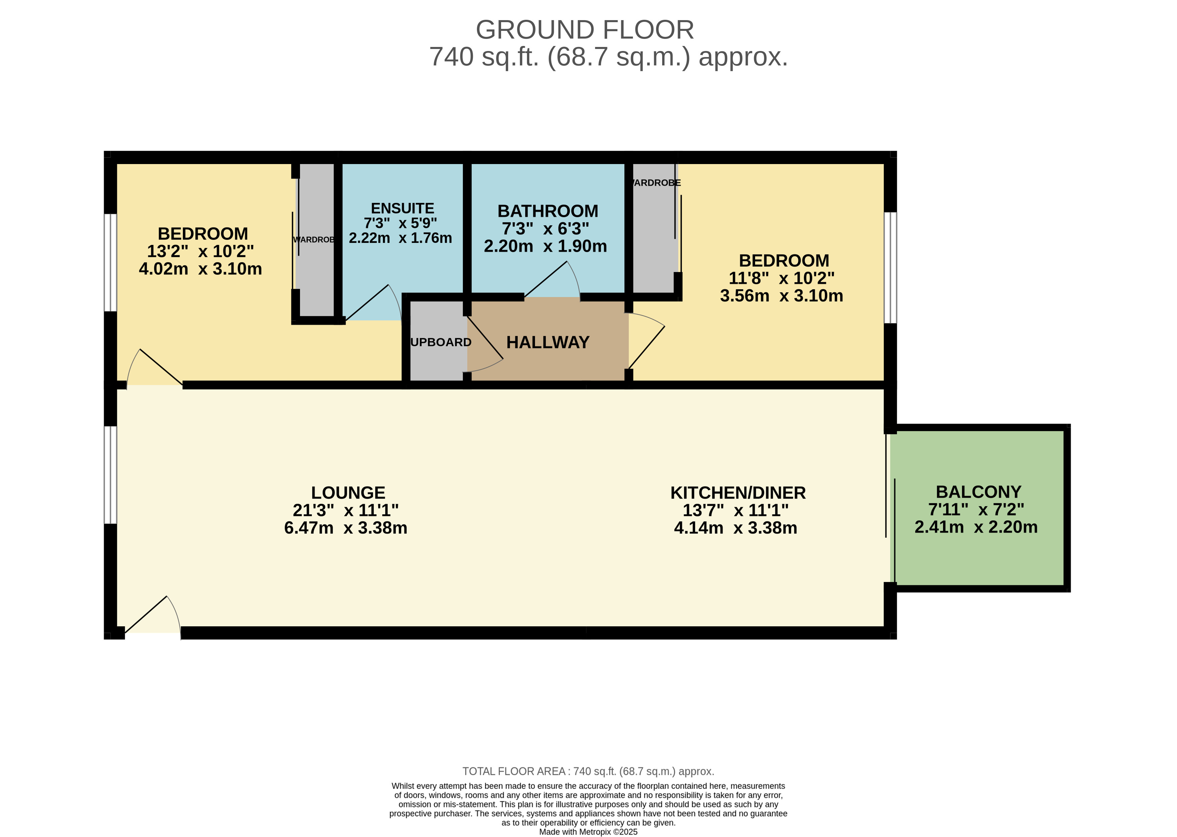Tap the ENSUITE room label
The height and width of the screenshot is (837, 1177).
pos(402,208)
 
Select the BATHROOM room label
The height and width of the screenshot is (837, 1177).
pos(547,211)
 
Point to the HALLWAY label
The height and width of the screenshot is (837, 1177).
pos(547,342)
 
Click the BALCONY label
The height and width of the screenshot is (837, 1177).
pos(978,492)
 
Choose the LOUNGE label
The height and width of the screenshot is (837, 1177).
pos(348,493)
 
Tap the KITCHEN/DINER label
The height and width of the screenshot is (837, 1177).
pos(738,493)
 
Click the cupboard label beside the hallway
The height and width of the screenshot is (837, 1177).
pos(440,342)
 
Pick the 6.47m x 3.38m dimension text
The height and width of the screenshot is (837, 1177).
pos(345,528)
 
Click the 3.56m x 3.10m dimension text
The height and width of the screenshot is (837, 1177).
pos(781,296)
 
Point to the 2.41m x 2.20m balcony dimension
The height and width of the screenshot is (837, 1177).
pos(975,527)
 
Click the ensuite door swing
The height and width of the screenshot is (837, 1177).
pos(376,304)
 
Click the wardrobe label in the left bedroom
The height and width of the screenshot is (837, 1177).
pos(313,240)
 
